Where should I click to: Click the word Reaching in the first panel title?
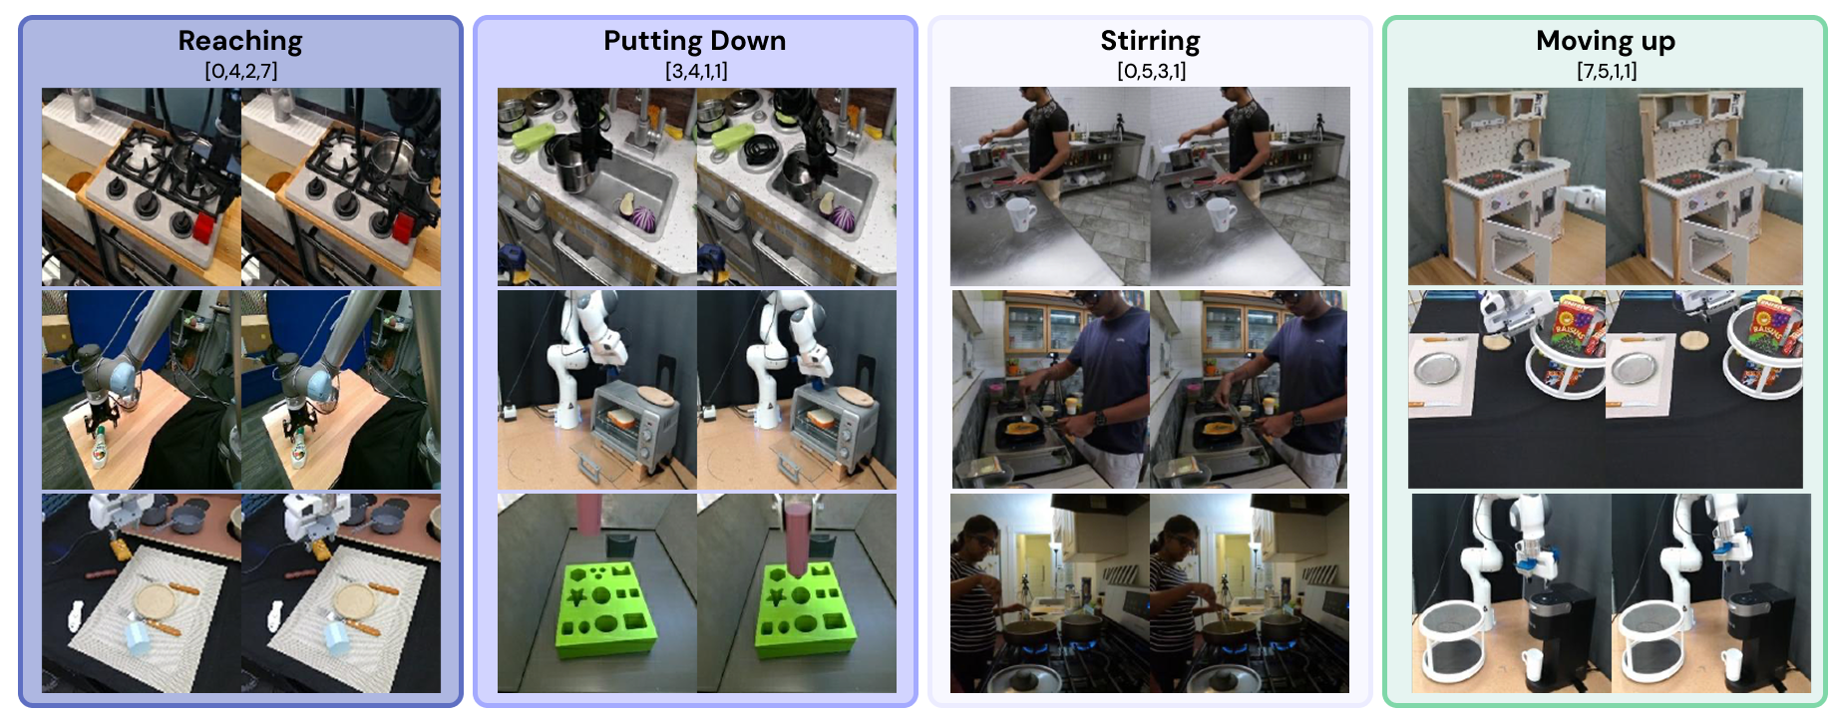coord(239,41)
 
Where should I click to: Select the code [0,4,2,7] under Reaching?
coord(240,71)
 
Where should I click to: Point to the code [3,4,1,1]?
coord(696,71)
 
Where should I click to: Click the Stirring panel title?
coord(1150,41)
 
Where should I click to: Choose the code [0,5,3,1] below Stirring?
coord(1151,71)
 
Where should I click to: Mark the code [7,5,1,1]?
coord(1607,71)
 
